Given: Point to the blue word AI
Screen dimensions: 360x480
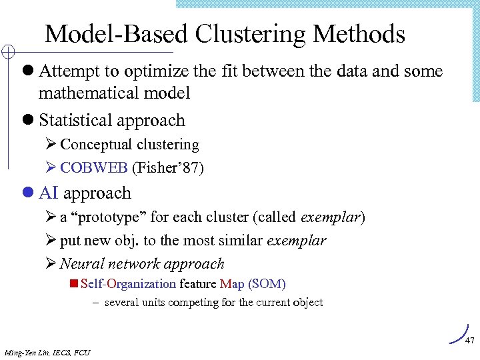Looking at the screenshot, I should coord(49,193).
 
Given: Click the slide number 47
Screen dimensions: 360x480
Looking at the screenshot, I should coord(469,341).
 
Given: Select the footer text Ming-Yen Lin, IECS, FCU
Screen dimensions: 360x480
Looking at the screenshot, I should coord(47,352).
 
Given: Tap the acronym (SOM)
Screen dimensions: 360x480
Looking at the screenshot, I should coord(267,284).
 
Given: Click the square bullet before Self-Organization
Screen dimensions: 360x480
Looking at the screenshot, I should coord(74,284).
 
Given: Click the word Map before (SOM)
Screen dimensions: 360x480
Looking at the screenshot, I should coord(232,284).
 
